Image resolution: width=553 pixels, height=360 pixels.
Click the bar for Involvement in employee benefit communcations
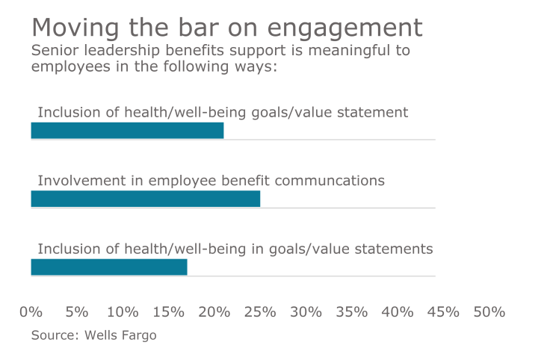tap(145, 199)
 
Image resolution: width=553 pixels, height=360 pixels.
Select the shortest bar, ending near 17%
tap(108, 267)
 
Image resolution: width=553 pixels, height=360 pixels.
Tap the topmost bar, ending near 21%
tap(127, 131)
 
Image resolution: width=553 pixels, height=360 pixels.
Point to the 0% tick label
tap(31, 311)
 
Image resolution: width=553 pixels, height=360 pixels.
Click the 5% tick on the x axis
tap(77, 311)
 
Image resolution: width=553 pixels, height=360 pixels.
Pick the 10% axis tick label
tap(123, 311)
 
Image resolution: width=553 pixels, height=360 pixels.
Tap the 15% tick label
tap(168, 311)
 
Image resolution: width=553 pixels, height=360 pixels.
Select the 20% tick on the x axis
tap(214, 311)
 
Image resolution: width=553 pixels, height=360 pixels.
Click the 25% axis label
tap(260, 311)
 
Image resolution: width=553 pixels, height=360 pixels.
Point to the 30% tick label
tap(306, 311)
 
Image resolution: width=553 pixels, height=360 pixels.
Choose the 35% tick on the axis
tap(352, 311)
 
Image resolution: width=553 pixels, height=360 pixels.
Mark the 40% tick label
tap(398, 311)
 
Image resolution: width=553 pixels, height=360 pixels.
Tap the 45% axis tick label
tap(443, 311)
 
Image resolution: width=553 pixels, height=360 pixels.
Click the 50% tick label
tap(489, 311)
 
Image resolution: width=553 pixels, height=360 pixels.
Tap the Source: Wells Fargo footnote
tap(93, 335)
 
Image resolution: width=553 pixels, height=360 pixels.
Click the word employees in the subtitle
tap(67, 66)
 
